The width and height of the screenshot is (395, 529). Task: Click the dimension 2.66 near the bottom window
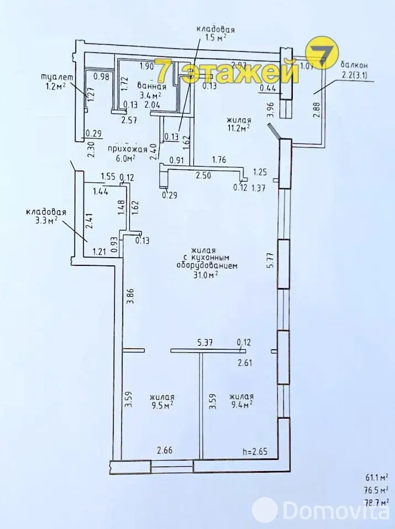pos(165,451)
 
